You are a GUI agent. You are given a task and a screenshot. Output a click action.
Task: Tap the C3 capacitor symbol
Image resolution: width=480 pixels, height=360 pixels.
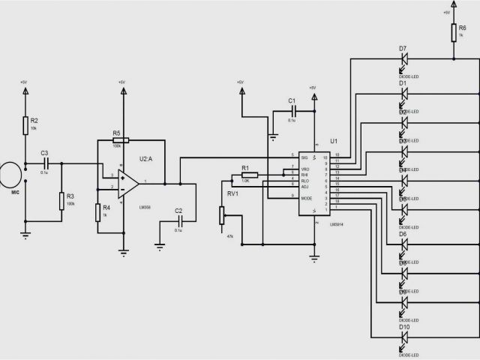45,162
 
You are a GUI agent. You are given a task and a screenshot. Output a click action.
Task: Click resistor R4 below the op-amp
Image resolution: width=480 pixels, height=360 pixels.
98,212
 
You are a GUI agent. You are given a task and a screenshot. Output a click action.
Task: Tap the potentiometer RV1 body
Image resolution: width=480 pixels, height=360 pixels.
221,215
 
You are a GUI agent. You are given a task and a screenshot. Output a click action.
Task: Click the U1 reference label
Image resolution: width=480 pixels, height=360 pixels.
334,141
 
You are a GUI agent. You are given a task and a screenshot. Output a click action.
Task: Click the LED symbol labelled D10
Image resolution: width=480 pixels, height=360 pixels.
403,337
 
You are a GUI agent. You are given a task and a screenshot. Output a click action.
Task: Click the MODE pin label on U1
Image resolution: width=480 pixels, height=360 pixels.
306,198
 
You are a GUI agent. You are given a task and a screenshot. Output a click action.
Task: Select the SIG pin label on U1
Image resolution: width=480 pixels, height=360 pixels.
304,157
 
